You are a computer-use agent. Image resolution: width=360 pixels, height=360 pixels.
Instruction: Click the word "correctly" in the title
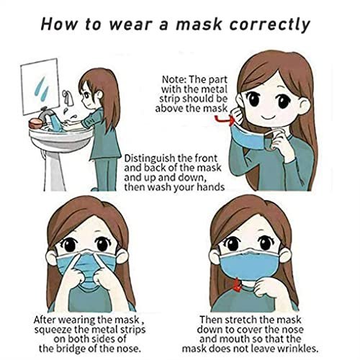(x=270, y=24)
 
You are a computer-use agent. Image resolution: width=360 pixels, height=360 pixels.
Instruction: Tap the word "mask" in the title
(x=199, y=24)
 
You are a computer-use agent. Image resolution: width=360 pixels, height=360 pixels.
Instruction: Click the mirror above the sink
(x=40, y=86)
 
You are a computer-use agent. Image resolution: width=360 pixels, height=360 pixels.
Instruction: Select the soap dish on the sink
(x=35, y=123)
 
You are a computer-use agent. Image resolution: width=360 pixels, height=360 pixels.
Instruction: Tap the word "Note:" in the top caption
(x=174, y=79)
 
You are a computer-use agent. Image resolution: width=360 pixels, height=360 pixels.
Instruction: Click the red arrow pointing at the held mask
(x=225, y=120)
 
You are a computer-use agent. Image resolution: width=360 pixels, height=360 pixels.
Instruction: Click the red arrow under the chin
(x=237, y=285)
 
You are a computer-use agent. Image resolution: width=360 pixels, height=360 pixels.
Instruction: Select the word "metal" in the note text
(x=214, y=89)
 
